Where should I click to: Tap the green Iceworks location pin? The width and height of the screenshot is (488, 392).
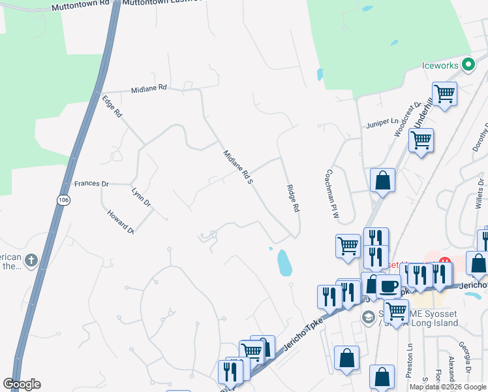(x=467, y=65)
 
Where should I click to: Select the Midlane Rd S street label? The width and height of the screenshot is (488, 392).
(x=237, y=167)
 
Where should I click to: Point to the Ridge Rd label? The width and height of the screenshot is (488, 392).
(x=293, y=198)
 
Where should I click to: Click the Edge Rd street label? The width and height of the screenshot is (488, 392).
(x=112, y=106)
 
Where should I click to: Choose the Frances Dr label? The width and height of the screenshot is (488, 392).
(x=91, y=184)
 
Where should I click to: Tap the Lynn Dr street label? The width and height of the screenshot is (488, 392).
(x=141, y=198)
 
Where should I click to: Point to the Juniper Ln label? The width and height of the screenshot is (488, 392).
(x=383, y=122)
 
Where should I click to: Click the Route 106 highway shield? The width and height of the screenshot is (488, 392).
(x=63, y=200)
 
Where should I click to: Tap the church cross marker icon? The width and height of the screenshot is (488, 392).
(x=31, y=262)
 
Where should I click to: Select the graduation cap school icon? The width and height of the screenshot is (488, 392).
(x=368, y=317)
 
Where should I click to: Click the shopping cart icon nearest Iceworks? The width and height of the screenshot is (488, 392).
(x=444, y=93)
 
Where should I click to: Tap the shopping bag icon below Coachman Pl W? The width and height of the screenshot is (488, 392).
(x=382, y=181)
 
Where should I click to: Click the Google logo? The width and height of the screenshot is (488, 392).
(x=22, y=384)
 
